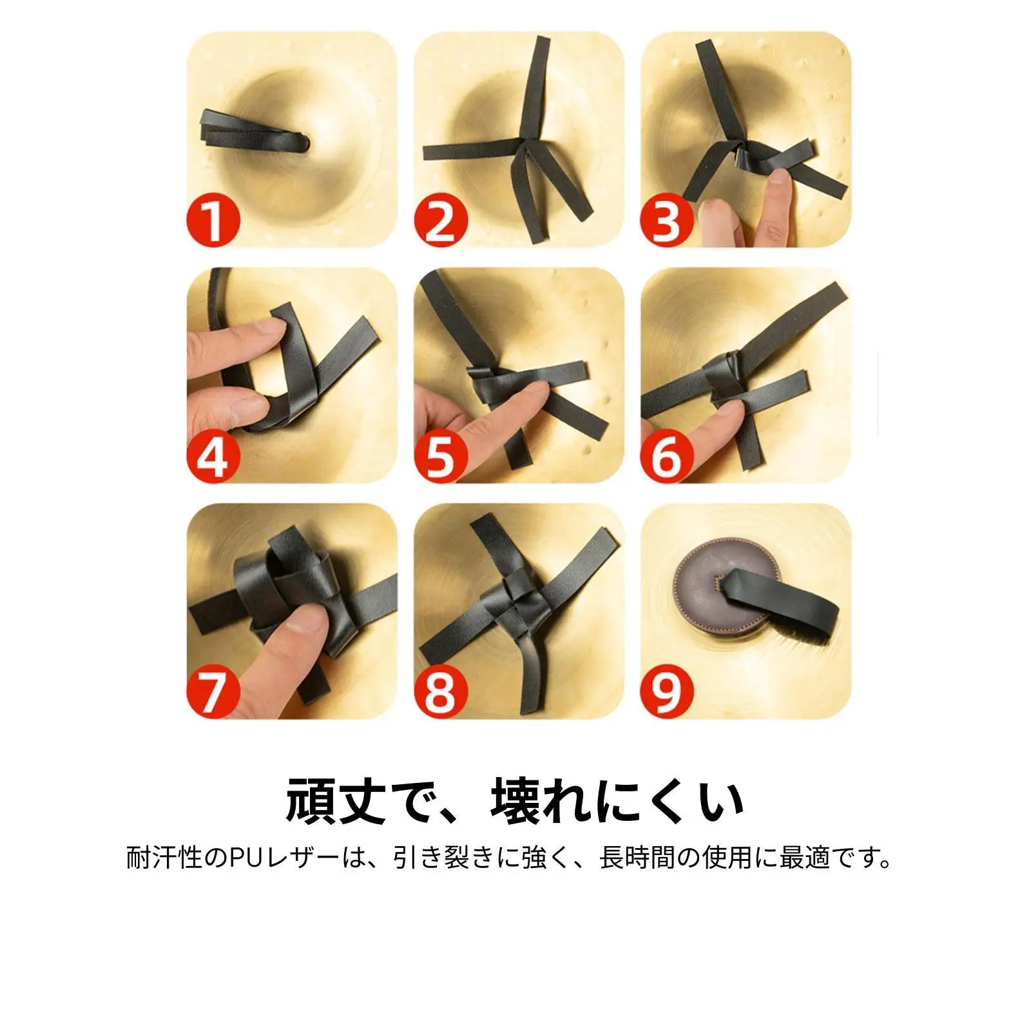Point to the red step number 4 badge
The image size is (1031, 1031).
[x=214, y=456]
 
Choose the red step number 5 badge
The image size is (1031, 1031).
[x=441, y=456]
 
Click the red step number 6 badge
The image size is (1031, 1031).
[x=667, y=456]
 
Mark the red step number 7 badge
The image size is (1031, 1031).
[x=214, y=692]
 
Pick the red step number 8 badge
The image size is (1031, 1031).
[x=441, y=692]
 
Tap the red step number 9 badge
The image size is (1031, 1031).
[x=667, y=692]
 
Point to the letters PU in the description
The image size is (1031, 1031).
[x=247, y=858]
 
